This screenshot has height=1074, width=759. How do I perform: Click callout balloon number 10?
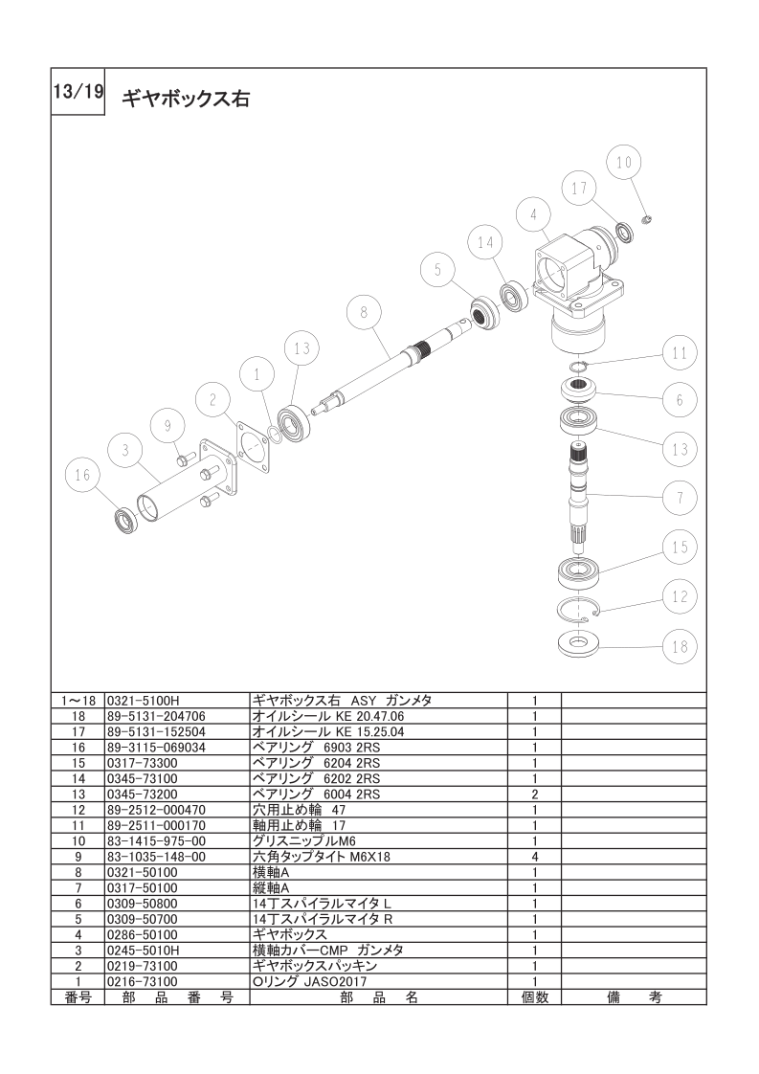point(623,163)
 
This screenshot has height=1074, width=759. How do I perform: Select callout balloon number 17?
point(579,189)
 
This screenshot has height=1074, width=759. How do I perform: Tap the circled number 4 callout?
point(534,214)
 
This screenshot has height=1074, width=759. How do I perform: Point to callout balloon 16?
point(82,476)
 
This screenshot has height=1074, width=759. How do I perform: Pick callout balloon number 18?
point(680,646)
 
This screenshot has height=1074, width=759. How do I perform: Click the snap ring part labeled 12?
point(579,609)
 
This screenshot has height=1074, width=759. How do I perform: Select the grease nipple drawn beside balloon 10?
point(645,219)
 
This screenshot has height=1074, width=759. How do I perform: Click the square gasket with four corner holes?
point(252,448)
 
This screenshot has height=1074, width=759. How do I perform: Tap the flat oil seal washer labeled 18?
point(579,644)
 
